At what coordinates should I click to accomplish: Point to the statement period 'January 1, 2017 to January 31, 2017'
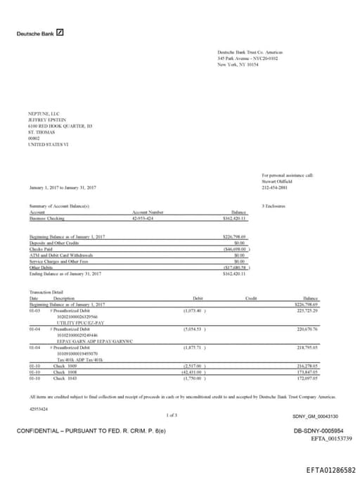[63, 188]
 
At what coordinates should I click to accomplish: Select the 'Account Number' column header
[148, 212]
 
